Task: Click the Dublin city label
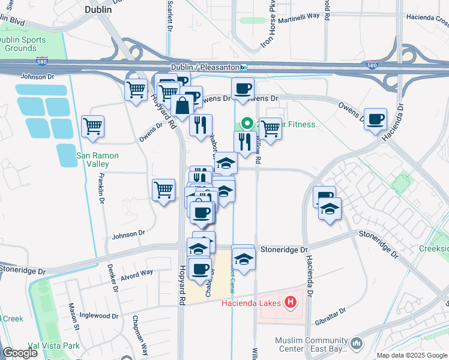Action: pyautogui.click(x=99, y=10)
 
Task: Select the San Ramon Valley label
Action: pyautogui.click(x=97, y=160)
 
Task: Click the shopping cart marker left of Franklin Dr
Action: pyautogui.click(x=92, y=126)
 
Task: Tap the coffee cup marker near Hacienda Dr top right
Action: pyautogui.click(x=376, y=119)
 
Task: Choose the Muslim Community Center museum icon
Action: pyautogui.click(x=357, y=343)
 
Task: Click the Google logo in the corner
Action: pyautogui.click(x=20, y=353)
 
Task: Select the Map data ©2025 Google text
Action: pyautogui.click(x=412, y=355)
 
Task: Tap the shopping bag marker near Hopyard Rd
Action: pyautogui.click(x=182, y=106)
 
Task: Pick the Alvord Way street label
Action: pyautogui.click(x=136, y=273)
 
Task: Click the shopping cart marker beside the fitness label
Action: pyautogui.click(x=271, y=127)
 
